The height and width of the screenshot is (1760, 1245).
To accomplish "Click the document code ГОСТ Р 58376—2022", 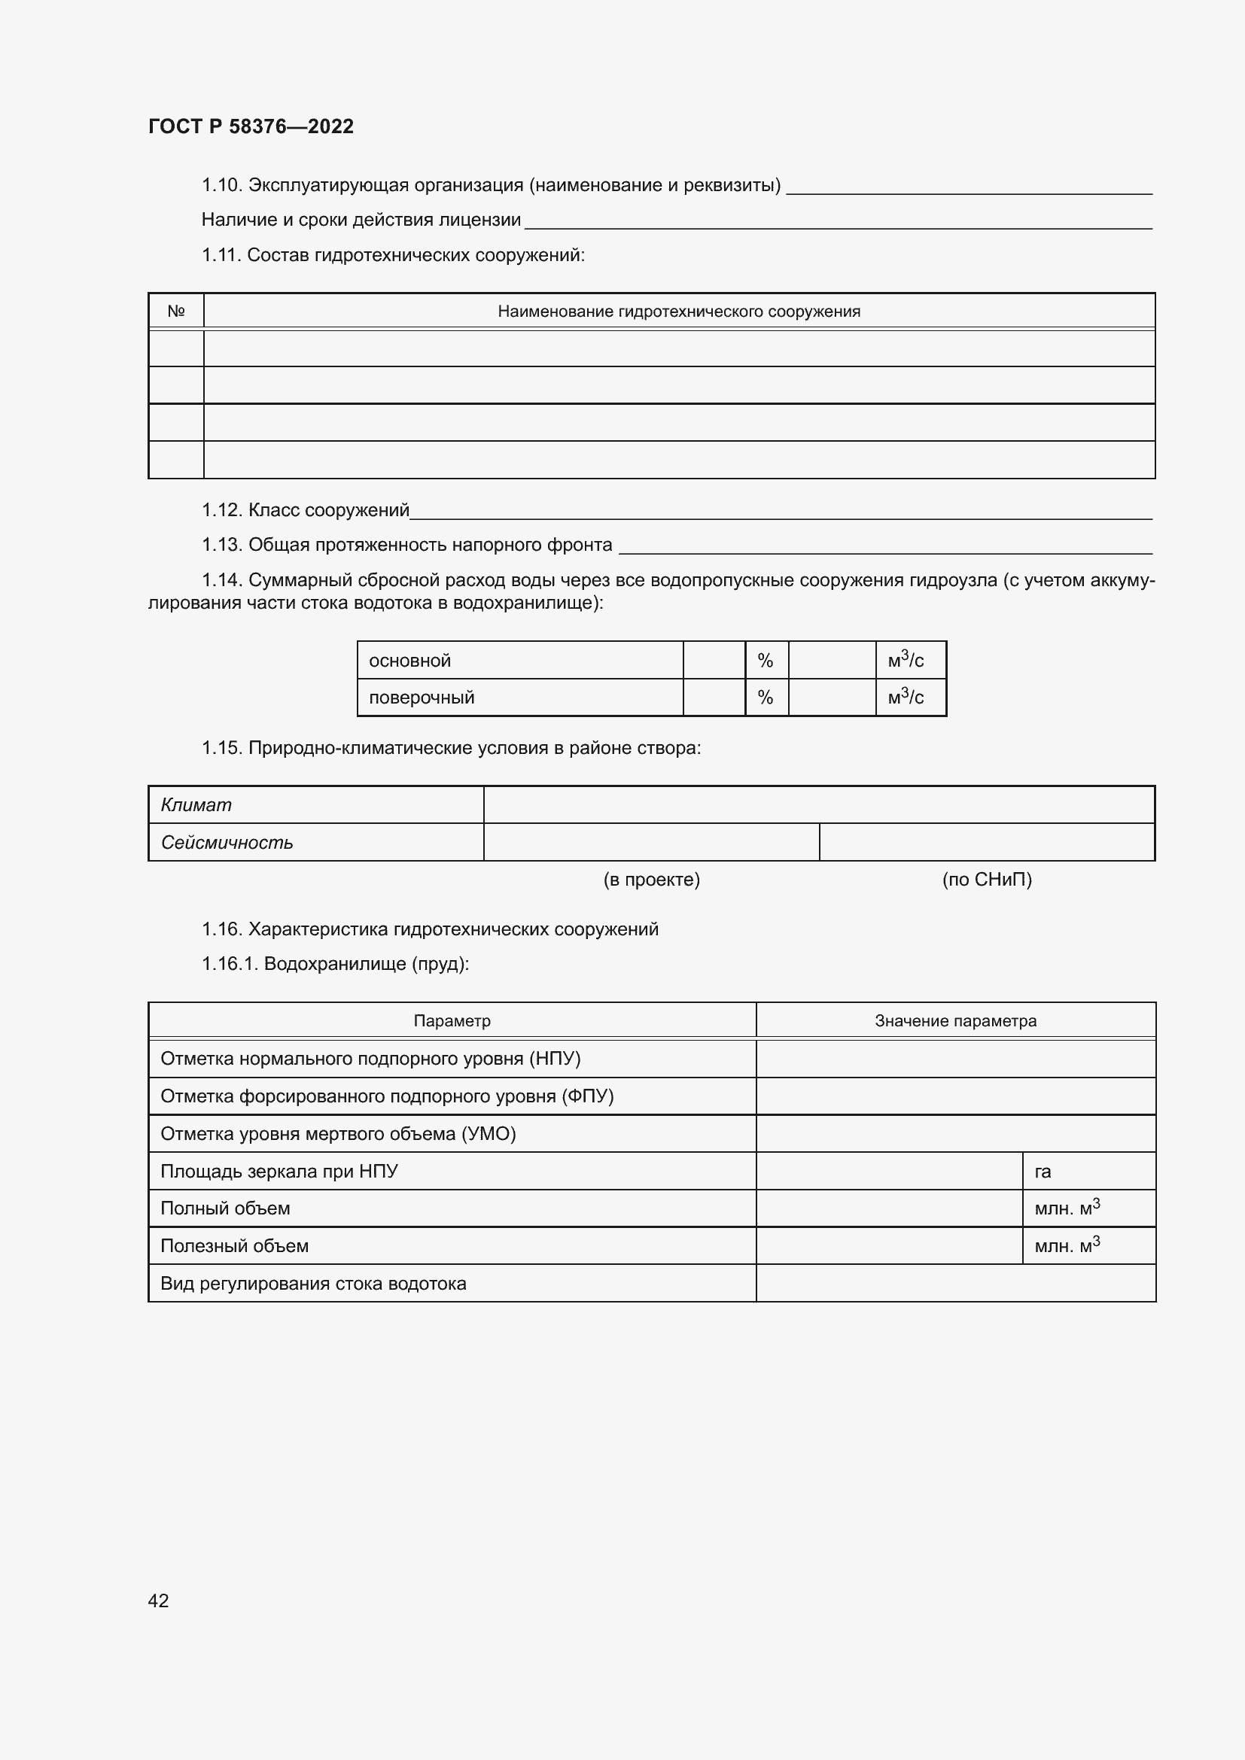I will point(251,126).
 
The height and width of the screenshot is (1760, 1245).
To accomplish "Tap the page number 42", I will point(159,1600).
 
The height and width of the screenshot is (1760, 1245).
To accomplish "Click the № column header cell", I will point(176,312).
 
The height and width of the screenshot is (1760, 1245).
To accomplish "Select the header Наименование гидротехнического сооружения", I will point(678,312).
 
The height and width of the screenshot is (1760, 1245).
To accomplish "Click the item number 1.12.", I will point(221,510).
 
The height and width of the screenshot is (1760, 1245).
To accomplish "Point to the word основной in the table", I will point(409,661).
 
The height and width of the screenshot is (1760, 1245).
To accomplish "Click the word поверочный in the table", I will point(422,698).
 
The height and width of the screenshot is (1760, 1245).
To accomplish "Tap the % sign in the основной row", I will point(765,661).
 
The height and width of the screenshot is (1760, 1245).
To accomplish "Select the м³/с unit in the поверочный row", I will point(906,698).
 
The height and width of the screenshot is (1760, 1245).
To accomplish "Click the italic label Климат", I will point(196,805).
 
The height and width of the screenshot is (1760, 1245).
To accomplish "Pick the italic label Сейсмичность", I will point(227,843).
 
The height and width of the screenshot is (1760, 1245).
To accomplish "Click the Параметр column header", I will point(452,1021).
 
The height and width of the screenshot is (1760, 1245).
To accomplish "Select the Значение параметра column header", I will point(955,1021).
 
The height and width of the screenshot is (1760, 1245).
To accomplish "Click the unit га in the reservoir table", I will point(1043,1172).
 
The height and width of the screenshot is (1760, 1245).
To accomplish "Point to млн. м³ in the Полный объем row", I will point(1067,1209).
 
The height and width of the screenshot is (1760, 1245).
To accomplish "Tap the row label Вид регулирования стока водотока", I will point(313,1284).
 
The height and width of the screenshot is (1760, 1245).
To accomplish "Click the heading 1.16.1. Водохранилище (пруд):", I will point(335,964).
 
